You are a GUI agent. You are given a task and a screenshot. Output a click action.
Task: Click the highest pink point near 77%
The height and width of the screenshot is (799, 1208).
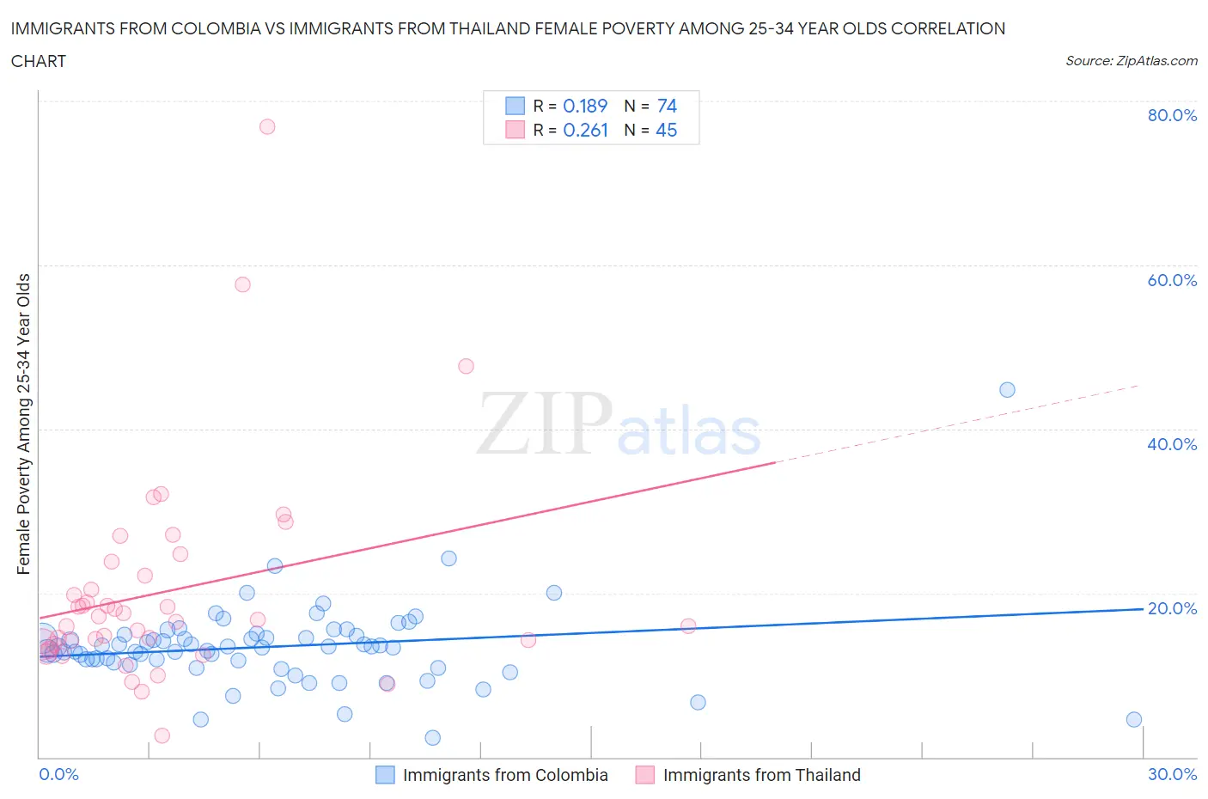[x=267, y=126]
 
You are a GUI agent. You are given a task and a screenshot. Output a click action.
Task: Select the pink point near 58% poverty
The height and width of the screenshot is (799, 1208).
[x=242, y=284]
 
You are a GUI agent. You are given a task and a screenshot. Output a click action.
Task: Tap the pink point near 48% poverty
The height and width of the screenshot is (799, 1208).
[x=466, y=366]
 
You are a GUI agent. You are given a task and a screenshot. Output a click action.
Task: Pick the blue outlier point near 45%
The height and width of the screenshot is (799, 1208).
[x=1007, y=390]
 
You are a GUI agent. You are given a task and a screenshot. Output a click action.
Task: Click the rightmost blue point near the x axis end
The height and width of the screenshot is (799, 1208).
[x=1134, y=720]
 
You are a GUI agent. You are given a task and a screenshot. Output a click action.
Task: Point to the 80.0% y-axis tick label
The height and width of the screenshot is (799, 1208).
[x=1172, y=115]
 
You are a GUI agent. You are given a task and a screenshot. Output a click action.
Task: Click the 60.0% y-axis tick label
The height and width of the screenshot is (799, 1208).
[x=1172, y=280]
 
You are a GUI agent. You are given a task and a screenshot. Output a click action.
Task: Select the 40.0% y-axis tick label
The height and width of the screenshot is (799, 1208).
[x=1172, y=444]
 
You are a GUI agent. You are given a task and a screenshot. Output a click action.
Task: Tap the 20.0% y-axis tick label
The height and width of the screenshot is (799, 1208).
[x=1172, y=608]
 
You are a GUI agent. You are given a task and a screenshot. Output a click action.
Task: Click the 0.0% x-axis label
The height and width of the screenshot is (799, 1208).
[x=58, y=774]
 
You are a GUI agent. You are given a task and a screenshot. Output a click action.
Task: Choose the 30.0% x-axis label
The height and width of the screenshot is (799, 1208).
[x=1172, y=774]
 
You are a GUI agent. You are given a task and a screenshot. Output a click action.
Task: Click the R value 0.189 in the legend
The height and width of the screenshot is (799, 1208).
[x=585, y=106]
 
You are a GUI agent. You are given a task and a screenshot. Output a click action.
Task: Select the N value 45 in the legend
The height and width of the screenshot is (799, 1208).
[x=667, y=130]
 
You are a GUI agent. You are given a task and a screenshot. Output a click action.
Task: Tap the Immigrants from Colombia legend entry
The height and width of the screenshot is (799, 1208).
[x=504, y=775]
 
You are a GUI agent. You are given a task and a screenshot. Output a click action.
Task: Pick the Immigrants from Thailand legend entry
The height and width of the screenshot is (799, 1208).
[x=761, y=775]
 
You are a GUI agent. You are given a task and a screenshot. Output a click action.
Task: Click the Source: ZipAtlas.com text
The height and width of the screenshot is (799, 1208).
[x=1132, y=60]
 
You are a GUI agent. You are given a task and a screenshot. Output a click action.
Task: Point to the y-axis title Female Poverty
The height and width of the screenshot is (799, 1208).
[x=23, y=424]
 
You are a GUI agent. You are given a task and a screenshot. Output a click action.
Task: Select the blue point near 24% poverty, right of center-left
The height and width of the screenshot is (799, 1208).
[x=448, y=558]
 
